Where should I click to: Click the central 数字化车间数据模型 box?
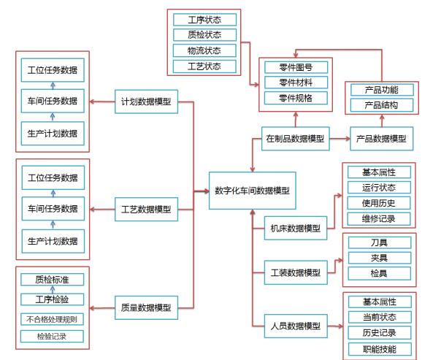[x=251, y=191]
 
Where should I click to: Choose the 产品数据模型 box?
[x=380, y=138]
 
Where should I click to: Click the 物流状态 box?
[x=205, y=50]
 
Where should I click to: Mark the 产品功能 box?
[x=380, y=89]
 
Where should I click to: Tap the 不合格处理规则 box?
[x=52, y=319]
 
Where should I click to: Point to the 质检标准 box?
[x=52, y=280]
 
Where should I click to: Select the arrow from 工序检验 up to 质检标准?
[x=52, y=290]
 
